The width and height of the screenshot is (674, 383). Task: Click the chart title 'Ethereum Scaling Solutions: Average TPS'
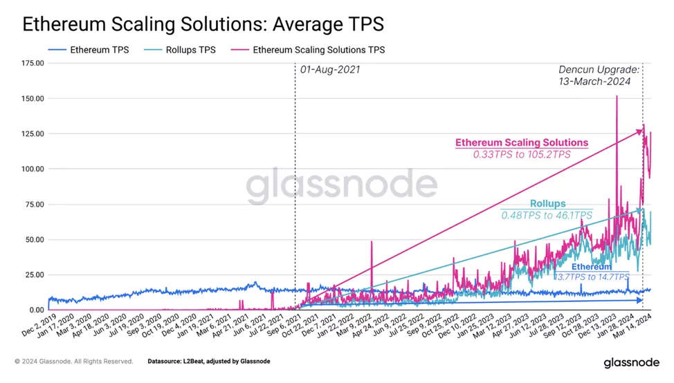point(203,24)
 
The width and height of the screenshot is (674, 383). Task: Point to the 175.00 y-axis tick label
point(32,63)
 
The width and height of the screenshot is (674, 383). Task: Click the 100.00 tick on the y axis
point(32,169)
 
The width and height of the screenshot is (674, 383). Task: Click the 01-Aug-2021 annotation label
point(330,71)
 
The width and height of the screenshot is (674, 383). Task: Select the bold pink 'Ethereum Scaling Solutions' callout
point(522,143)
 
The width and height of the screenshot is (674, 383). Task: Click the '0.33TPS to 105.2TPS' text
point(522,155)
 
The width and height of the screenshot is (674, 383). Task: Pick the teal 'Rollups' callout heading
point(547,204)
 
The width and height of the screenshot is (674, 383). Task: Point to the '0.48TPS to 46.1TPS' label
point(547,216)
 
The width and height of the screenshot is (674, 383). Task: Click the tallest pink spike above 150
point(616,97)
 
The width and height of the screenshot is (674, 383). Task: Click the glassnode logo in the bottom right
point(631,363)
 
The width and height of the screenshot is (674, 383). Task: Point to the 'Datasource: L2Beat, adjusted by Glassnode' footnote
point(208,362)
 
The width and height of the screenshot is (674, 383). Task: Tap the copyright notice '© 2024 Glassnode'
point(73,362)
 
